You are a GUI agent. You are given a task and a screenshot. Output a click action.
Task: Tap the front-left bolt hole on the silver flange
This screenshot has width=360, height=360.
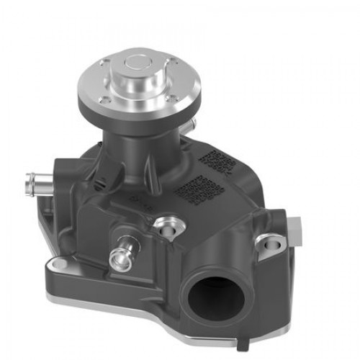tap(107, 100)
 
